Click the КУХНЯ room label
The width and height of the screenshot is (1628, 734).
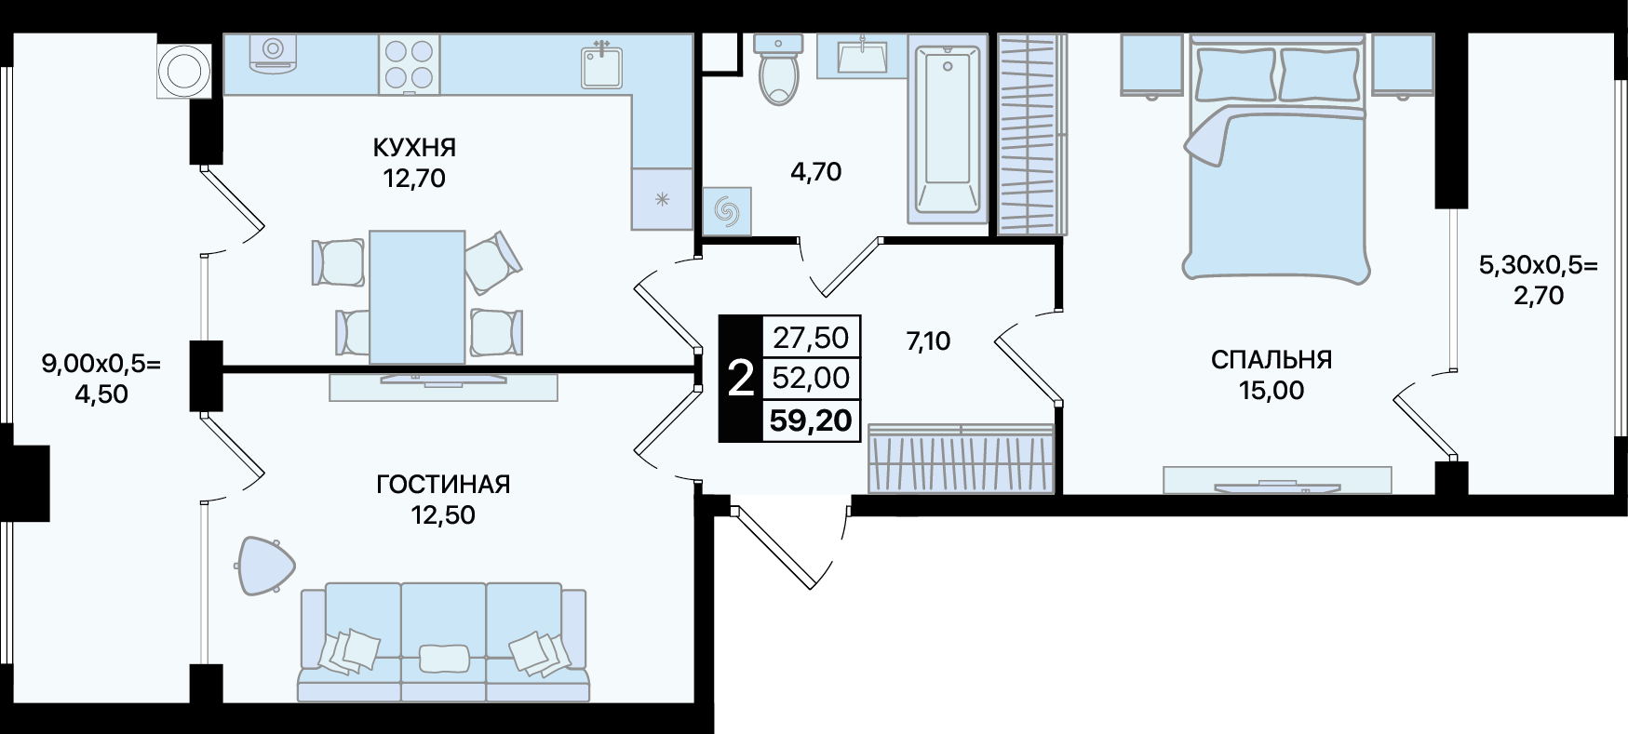pos(414,147)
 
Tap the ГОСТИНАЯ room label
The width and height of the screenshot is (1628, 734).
pos(443,485)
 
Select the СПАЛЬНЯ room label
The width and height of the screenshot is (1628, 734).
pos(1271,359)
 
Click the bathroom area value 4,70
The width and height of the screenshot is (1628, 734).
pos(816,171)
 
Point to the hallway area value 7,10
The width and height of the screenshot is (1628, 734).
pos(928,341)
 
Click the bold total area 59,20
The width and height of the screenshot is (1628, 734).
pos(811,420)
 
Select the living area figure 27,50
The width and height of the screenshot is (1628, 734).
pos(812,337)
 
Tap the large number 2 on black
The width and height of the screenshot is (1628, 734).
pos(740,380)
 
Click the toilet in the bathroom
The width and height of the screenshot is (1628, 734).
pos(778,69)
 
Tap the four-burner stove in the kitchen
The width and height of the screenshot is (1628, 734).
pos(409,64)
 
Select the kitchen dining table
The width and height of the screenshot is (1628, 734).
pos(417,297)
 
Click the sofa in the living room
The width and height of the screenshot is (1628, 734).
pos(443,643)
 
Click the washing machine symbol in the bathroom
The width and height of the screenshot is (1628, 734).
pos(727,211)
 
